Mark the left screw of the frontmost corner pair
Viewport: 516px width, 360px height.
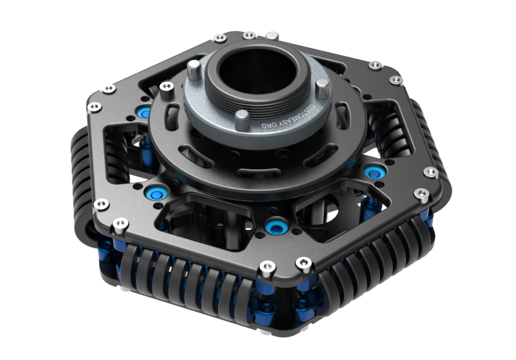pos(264,269)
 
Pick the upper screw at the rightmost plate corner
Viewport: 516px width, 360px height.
pos(431,173)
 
